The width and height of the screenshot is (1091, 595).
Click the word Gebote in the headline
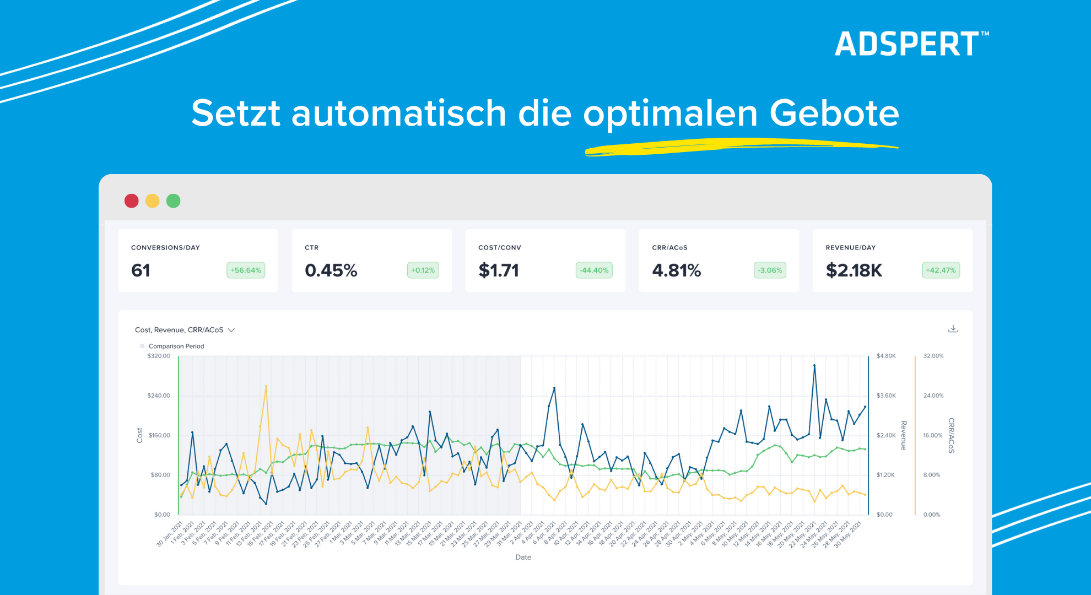834,113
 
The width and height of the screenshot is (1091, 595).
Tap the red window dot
131,201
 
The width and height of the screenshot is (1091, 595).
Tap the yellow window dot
153,201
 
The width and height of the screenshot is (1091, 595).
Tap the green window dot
174,201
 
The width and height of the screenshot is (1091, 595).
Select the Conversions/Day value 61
141,271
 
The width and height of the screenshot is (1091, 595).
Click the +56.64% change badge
246,271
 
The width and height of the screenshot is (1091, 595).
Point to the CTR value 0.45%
331,271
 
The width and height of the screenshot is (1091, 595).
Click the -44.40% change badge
594,271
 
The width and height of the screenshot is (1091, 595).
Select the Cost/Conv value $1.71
499,271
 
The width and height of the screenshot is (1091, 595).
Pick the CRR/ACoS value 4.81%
676,271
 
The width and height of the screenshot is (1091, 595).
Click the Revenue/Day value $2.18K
854,271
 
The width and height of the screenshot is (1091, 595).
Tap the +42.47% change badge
941,271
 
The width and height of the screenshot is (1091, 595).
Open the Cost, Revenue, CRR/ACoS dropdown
185,330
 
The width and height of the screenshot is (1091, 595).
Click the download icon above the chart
953,329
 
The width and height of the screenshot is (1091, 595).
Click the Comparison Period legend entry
176,347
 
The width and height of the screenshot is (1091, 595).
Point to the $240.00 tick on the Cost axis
159,396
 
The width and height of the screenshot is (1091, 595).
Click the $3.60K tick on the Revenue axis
886,396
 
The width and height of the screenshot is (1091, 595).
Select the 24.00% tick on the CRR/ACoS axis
933,396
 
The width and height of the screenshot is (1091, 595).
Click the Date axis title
523,558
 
